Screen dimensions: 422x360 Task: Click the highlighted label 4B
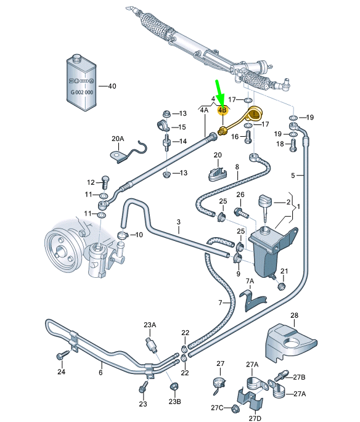(223, 110)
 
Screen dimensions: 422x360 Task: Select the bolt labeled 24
(62, 357)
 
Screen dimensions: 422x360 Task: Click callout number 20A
(117, 138)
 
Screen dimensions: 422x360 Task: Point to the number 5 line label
(293, 175)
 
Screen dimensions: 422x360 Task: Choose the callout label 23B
(174, 402)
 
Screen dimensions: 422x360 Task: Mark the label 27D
(256, 418)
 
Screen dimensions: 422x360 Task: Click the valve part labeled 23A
(149, 343)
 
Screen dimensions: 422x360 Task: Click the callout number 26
(240, 195)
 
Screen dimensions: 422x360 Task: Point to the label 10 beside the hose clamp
(139, 235)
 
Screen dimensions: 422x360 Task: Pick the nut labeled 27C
(236, 408)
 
